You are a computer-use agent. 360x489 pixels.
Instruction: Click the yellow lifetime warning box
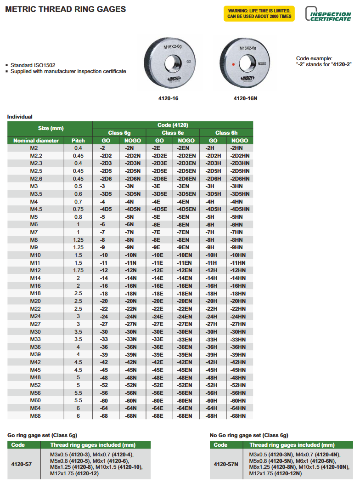(259, 13)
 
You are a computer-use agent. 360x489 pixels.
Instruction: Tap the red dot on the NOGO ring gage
(233, 64)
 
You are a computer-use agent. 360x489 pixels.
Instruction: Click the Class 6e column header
(173, 133)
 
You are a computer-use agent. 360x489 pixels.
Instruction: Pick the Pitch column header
(78, 141)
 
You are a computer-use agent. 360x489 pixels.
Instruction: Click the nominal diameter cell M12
(36, 270)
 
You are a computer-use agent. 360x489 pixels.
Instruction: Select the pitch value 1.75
(78, 270)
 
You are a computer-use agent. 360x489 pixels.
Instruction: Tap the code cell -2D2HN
(240, 156)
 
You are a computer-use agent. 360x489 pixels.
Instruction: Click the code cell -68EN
(186, 416)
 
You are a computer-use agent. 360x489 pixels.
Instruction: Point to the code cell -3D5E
(159, 194)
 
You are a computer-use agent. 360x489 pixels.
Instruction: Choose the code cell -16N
(133, 285)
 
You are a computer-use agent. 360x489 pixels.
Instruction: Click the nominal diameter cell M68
(36, 416)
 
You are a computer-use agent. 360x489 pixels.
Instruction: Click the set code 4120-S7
(22, 464)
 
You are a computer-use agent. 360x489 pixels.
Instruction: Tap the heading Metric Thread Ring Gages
(66, 9)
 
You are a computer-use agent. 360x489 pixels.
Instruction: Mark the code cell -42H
(213, 362)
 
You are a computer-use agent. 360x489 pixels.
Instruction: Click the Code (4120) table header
(173, 125)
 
